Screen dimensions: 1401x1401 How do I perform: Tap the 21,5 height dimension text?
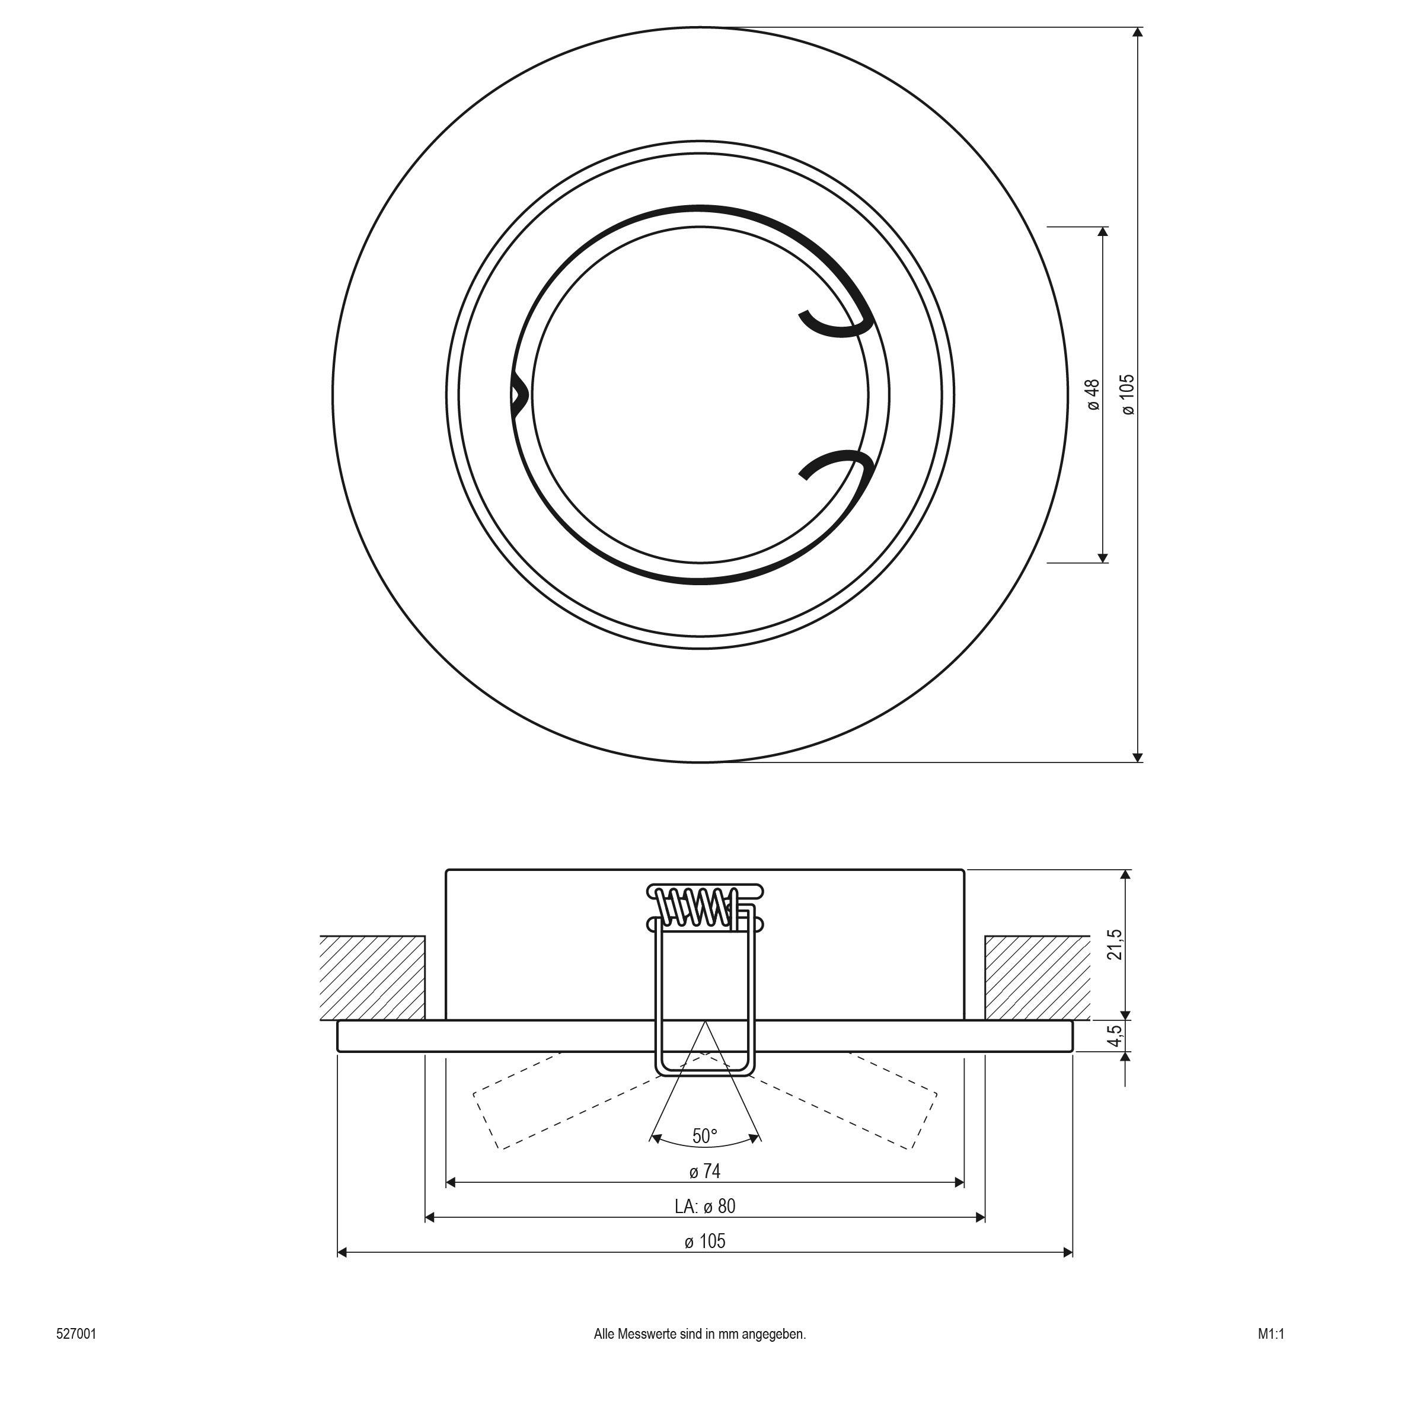pos(1116,944)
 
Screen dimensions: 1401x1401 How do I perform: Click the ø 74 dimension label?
pos(704,1171)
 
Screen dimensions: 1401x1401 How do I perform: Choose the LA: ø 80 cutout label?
pos(704,1206)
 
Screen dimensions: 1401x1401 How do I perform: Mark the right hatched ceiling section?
pos(1037,978)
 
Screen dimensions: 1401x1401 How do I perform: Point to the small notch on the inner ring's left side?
pos(519,396)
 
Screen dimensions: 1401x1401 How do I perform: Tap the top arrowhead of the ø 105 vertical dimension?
pos(1138,32)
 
